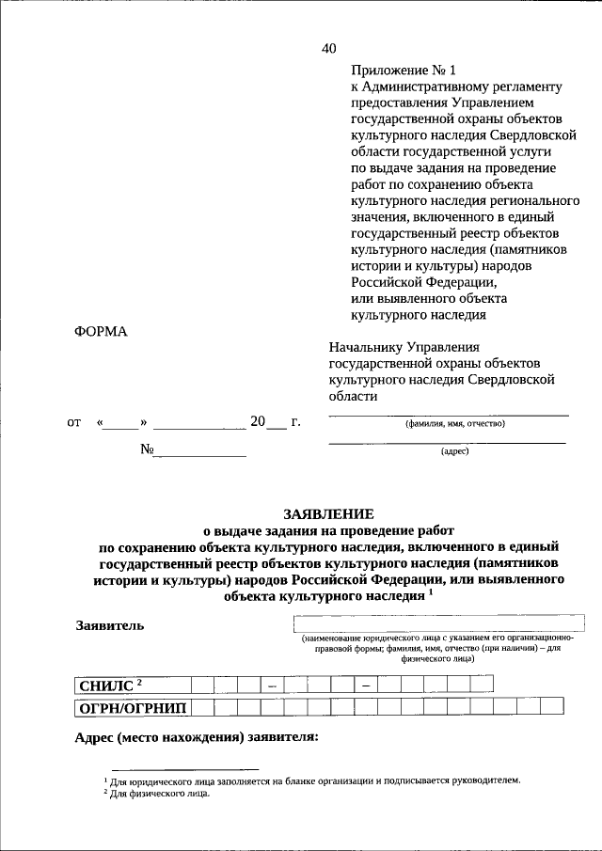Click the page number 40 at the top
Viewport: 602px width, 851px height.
click(327, 49)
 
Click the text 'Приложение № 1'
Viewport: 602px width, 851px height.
click(402, 71)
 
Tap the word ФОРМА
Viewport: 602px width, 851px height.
click(100, 332)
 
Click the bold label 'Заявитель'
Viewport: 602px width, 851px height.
click(110, 626)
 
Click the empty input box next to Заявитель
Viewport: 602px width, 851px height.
click(439, 623)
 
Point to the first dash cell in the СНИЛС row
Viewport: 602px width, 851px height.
click(270, 686)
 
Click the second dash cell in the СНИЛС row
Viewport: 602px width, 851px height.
click(364, 686)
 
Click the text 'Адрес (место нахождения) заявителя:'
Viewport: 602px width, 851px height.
click(197, 736)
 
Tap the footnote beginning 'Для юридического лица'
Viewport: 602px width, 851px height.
click(315, 780)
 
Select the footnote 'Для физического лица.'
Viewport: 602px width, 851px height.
click(159, 794)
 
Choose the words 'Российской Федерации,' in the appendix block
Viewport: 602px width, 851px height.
click(421, 282)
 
